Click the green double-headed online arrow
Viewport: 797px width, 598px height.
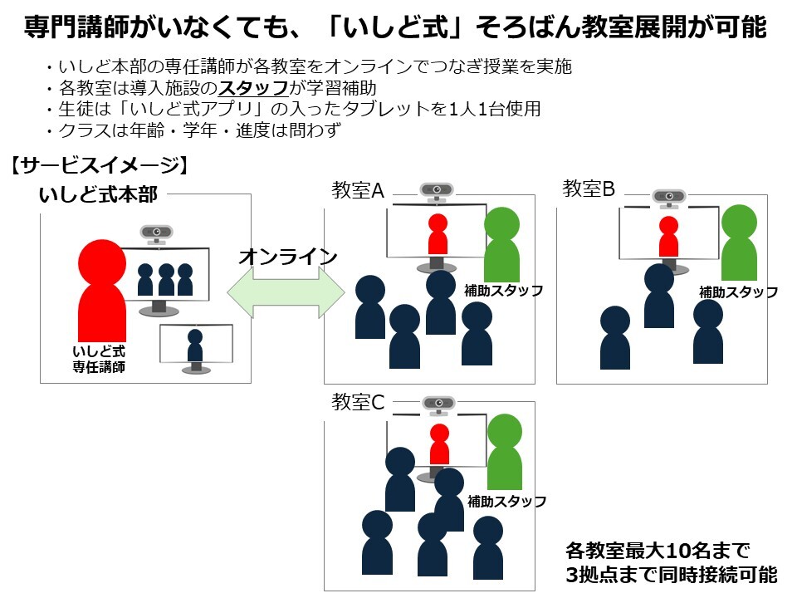pyautogui.click(x=286, y=292)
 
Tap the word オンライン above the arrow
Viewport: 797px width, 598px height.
pyautogui.click(x=287, y=257)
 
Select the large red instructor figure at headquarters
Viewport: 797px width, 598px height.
pyautogui.click(x=101, y=291)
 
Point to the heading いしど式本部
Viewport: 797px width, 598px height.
pyautogui.click(x=98, y=194)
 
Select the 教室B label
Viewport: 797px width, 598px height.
pyautogui.click(x=589, y=189)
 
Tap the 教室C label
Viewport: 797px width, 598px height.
pyautogui.click(x=358, y=403)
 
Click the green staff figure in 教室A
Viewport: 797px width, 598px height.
pyautogui.click(x=501, y=244)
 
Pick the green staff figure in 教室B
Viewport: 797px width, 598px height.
pyautogui.click(x=739, y=243)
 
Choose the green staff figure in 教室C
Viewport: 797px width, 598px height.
pyautogui.click(x=504, y=452)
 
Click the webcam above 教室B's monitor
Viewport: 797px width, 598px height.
pyautogui.click(x=668, y=197)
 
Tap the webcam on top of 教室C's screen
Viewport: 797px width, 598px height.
pyautogui.click(x=439, y=404)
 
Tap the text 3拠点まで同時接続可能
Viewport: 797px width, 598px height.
pyautogui.click(x=671, y=575)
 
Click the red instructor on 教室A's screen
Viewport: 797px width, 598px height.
pyautogui.click(x=438, y=233)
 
